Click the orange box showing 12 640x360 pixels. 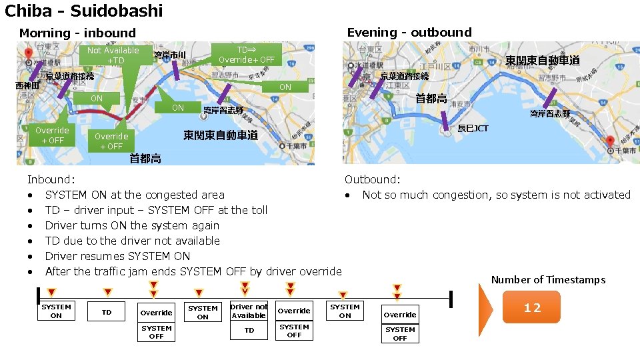point(531,307)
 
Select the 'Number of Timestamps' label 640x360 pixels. point(548,279)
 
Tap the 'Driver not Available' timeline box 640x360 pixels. point(249,311)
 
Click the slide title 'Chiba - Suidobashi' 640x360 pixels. point(84,11)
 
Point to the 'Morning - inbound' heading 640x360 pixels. point(77,33)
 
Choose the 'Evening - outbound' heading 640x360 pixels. point(409,32)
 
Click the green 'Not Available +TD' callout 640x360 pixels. point(113,55)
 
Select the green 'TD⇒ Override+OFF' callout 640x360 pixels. point(246,55)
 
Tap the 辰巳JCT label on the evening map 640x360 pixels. point(473,127)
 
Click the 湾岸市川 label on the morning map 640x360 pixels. point(169,55)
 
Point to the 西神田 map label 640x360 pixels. point(28,85)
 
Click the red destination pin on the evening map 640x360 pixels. point(609,141)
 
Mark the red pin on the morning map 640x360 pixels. point(28,53)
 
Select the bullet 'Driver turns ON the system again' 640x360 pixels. point(132,225)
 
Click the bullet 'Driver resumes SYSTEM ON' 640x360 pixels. point(117,256)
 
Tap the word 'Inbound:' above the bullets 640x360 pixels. point(51,179)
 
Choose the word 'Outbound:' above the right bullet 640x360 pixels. point(372,179)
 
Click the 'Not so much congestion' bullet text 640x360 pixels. point(496,195)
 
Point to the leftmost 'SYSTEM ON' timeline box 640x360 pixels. point(56,311)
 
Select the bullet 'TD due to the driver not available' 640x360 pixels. point(132,241)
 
